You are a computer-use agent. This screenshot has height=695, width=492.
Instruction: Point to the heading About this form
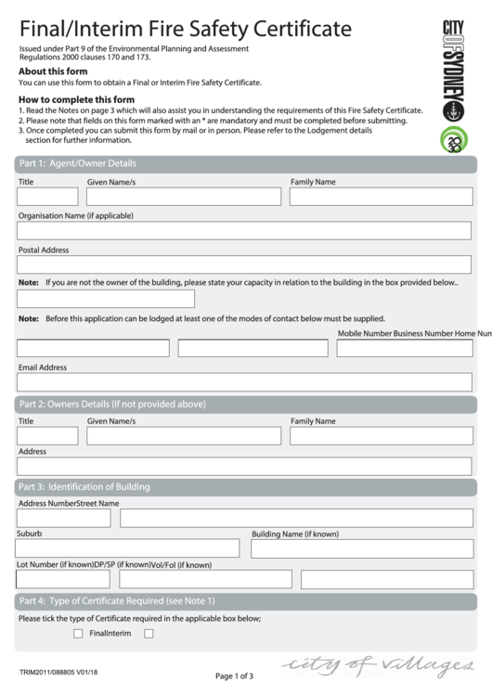point(54,71)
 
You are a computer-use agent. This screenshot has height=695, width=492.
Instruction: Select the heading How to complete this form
point(77,99)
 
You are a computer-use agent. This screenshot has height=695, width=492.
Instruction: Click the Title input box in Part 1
point(47,197)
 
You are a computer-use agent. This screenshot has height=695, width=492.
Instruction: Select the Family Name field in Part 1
point(381,197)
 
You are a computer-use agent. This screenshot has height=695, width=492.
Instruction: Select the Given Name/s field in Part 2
point(184,436)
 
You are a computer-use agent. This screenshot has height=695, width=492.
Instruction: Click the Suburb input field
point(127,548)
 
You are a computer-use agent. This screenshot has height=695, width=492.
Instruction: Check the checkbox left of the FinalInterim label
point(78,634)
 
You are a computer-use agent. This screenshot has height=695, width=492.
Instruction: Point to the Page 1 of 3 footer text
point(234,676)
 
